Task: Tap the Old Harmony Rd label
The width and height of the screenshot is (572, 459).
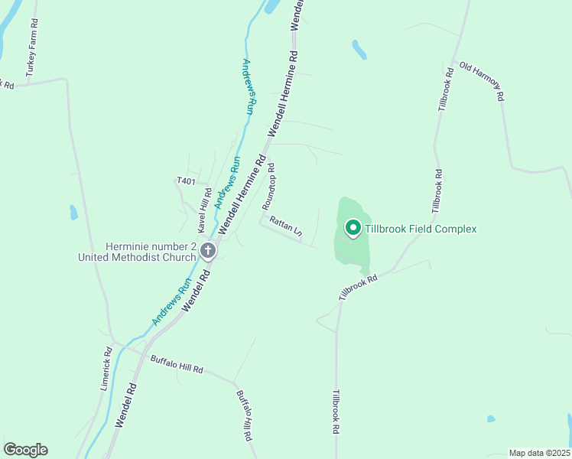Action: [x=482, y=81]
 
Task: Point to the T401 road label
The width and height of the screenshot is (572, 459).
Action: [x=186, y=181]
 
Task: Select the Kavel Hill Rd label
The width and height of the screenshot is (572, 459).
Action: [x=203, y=212]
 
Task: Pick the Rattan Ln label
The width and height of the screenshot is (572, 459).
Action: [x=285, y=229]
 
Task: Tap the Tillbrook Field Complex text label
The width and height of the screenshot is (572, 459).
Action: [x=421, y=229]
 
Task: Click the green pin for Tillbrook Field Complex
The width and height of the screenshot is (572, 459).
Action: [x=353, y=228]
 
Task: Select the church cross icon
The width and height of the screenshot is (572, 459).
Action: [x=207, y=250]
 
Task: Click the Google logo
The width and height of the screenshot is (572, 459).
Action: [x=25, y=450]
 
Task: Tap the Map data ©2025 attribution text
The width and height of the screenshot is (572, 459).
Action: [x=539, y=453]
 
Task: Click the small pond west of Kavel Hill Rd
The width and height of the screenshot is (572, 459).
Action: [x=73, y=212]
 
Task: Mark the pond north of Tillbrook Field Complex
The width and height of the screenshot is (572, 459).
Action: [x=359, y=50]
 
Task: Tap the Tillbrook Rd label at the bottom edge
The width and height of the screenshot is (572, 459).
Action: [x=335, y=413]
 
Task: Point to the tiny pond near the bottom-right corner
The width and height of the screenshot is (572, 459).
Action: [x=491, y=419]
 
